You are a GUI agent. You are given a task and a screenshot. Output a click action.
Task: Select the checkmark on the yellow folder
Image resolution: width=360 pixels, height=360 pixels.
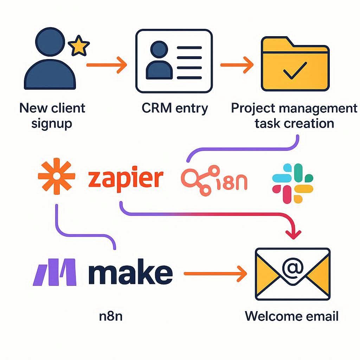click(295, 70)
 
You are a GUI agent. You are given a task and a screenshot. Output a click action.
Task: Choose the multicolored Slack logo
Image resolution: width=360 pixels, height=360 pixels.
click(292, 183)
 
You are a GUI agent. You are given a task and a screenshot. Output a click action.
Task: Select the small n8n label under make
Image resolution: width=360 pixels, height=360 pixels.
click(111, 316)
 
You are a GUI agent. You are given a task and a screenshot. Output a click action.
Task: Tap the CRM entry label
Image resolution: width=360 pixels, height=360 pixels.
click(175, 108)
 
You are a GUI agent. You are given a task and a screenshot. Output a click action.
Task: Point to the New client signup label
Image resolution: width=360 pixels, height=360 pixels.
click(52, 115)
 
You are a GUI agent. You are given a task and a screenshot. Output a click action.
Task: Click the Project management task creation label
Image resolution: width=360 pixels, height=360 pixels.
click(294, 115)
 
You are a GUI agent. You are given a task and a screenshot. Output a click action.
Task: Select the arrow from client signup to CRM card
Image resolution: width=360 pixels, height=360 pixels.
click(106, 65)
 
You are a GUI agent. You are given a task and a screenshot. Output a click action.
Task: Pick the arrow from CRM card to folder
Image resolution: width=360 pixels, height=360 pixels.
click(237, 65)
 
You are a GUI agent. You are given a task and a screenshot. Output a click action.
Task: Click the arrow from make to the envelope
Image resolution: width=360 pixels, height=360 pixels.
click(214, 274)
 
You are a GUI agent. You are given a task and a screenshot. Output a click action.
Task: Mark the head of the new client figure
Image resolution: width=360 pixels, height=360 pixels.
click(50, 41)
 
